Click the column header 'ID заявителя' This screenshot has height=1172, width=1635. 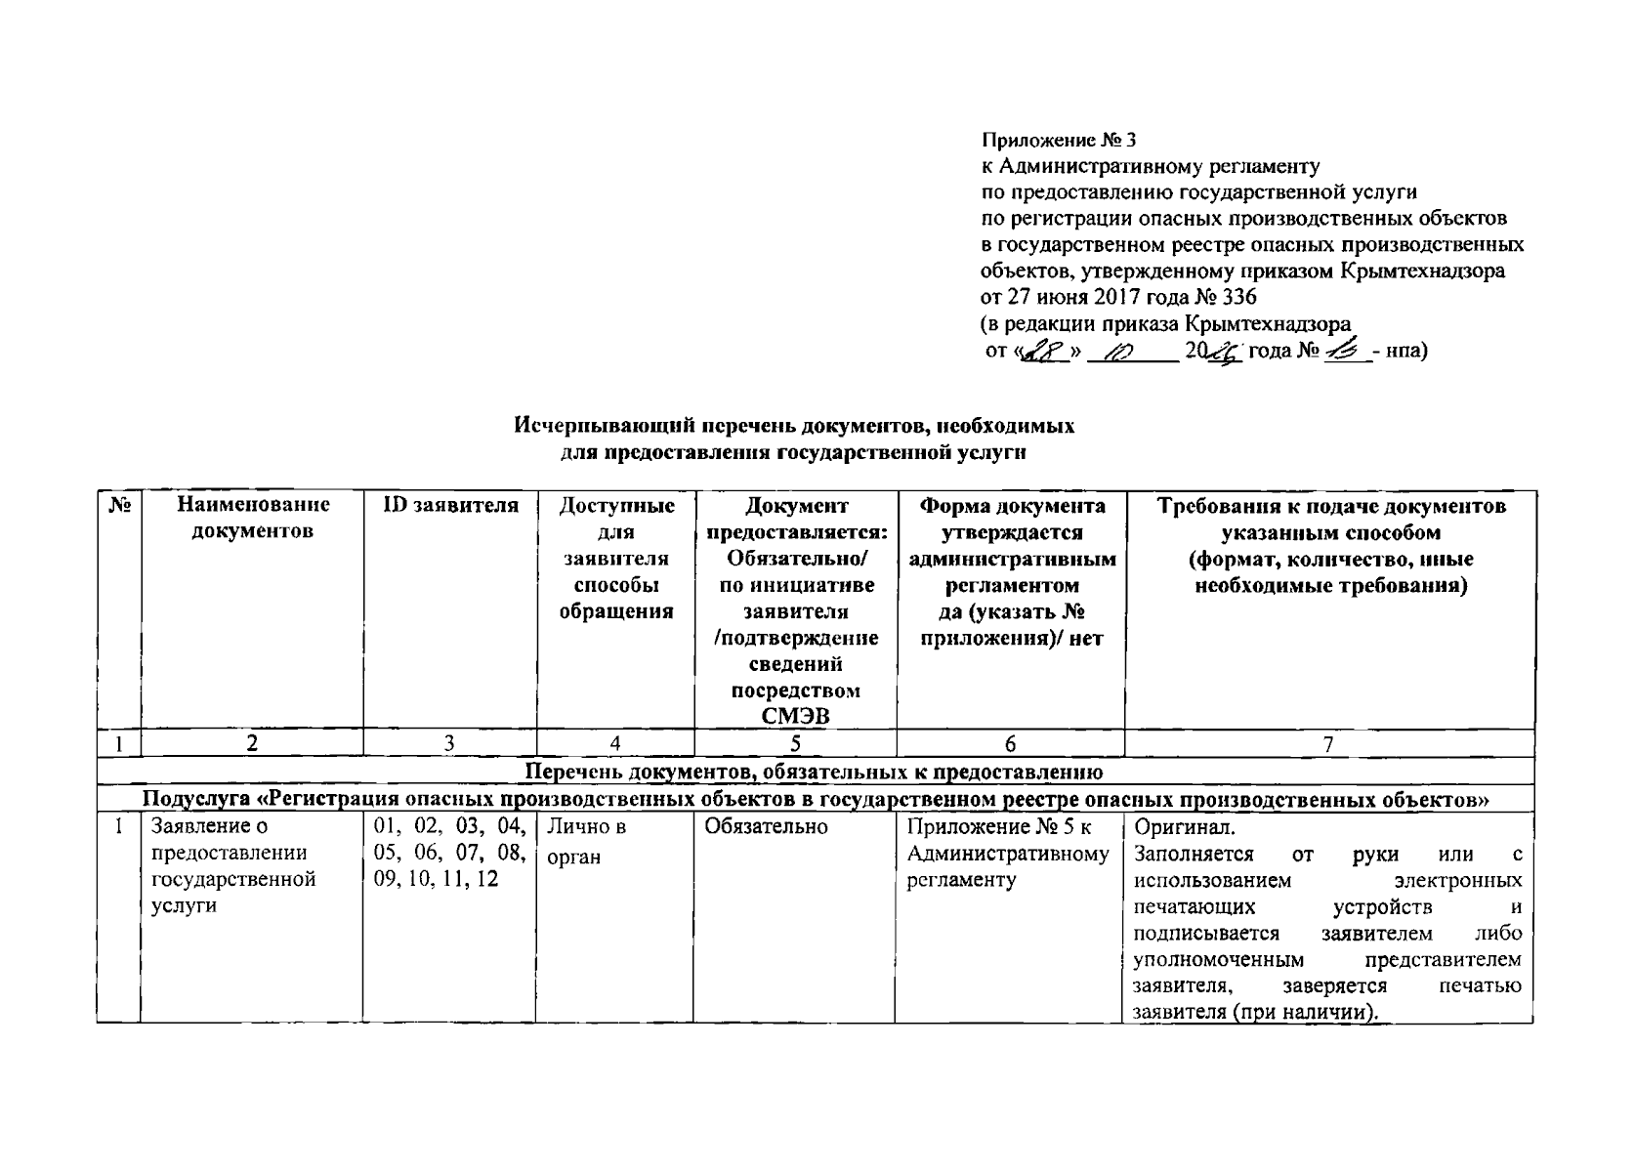pos(449,506)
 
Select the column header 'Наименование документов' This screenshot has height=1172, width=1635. pos(253,519)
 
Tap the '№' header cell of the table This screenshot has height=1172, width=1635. pos(119,507)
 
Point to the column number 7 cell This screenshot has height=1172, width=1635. pos(1328,744)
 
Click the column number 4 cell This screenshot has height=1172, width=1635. pos(615,744)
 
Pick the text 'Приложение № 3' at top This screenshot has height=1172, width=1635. pos(1059,141)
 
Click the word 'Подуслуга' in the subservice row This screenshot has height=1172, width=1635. pos(196,800)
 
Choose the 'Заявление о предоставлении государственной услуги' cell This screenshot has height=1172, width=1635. pos(234,866)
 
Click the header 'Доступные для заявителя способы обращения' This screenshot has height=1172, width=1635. pos(615,559)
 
